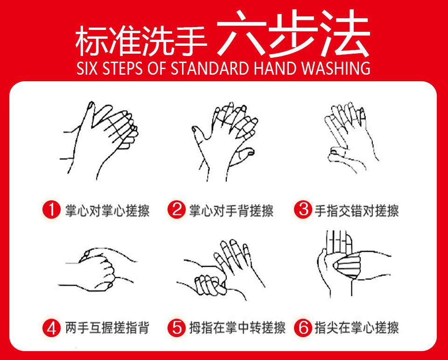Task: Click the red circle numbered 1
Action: [x=52, y=210]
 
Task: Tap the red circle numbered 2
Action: [x=177, y=210]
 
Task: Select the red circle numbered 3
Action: [x=303, y=210]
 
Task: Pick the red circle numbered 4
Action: [x=52, y=328]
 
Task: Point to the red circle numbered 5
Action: [x=177, y=328]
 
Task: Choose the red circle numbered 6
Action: [x=303, y=328]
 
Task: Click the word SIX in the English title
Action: [x=87, y=68]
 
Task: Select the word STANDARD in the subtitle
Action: [x=210, y=68]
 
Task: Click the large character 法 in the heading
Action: [x=346, y=34]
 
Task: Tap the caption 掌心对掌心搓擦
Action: [x=107, y=211]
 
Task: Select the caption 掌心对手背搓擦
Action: [x=231, y=211]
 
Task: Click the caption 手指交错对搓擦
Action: [x=357, y=211]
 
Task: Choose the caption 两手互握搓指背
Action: [x=107, y=328]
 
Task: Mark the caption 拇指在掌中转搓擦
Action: [x=238, y=328]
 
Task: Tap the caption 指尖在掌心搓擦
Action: [x=357, y=328]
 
